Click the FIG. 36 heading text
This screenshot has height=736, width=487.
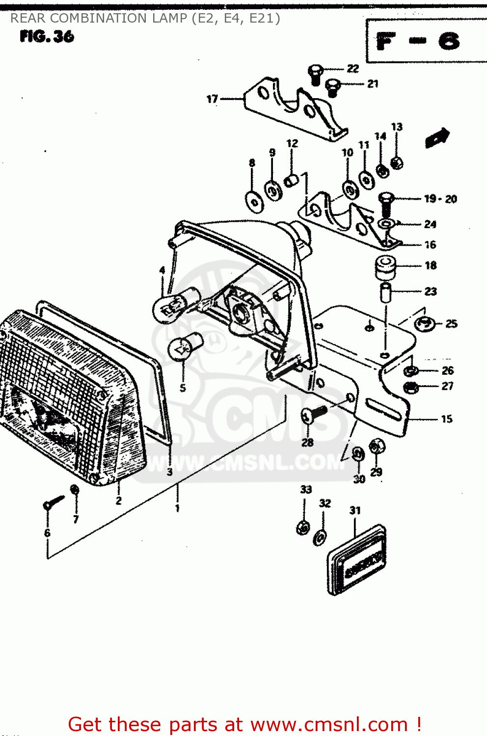tap(47, 36)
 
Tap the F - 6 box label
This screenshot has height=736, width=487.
tap(418, 42)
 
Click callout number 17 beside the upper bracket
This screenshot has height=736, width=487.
tap(212, 99)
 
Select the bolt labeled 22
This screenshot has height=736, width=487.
tap(315, 74)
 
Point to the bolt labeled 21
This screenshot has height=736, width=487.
tap(333, 87)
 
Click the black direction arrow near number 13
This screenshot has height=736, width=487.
tap(437, 137)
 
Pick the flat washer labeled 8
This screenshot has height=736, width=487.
tap(254, 202)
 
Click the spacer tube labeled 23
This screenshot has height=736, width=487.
tap(386, 292)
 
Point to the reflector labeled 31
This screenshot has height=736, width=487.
tap(356, 560)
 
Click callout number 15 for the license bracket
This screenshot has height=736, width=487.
tap(446, 419)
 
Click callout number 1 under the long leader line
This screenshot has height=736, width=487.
tap(177, 508)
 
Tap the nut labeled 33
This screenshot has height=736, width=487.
tap(303, 528)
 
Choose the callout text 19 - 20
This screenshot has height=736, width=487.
tap(440, 199)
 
